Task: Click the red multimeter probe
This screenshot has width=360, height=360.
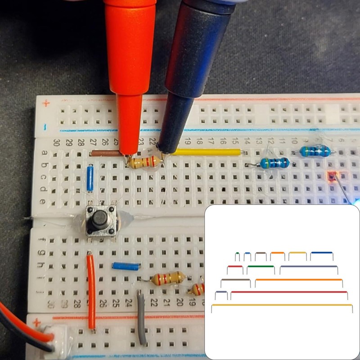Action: (x=130, y=54)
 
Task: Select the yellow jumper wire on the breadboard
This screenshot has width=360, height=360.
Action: (x=207, y=152)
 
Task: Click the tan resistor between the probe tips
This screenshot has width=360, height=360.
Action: (x=145, y=161)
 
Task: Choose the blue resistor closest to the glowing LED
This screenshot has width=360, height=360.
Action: (x=317, y=151)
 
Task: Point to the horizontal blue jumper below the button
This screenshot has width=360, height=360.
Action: (x=126, y=266)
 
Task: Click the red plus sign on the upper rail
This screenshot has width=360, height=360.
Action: (x=45, y=103)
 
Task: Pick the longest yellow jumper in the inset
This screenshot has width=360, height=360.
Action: (x=282, y=306)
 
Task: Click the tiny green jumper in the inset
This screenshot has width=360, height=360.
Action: (x=237, y=253)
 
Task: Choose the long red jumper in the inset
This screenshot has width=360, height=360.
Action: (x=289, y=292)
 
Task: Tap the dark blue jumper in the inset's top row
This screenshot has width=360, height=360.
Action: (x=322, y=253)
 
